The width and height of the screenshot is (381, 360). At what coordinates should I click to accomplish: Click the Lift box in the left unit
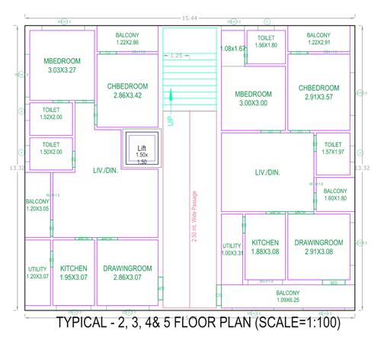pos(141,151)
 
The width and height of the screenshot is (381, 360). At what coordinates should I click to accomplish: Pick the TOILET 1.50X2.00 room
pos(50,148)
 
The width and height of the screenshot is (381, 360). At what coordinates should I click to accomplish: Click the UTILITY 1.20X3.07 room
pos(37,272)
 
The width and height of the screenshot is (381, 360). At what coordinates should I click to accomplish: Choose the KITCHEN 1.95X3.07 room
pos(74,272)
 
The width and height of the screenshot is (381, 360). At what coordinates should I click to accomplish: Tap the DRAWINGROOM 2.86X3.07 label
pos(127,272)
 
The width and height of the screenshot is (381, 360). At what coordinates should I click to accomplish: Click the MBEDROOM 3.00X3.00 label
pos(253,98)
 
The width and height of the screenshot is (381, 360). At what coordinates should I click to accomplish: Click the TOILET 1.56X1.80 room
pos(266,42)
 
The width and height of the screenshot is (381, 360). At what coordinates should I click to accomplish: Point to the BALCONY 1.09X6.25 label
pos(287,296)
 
